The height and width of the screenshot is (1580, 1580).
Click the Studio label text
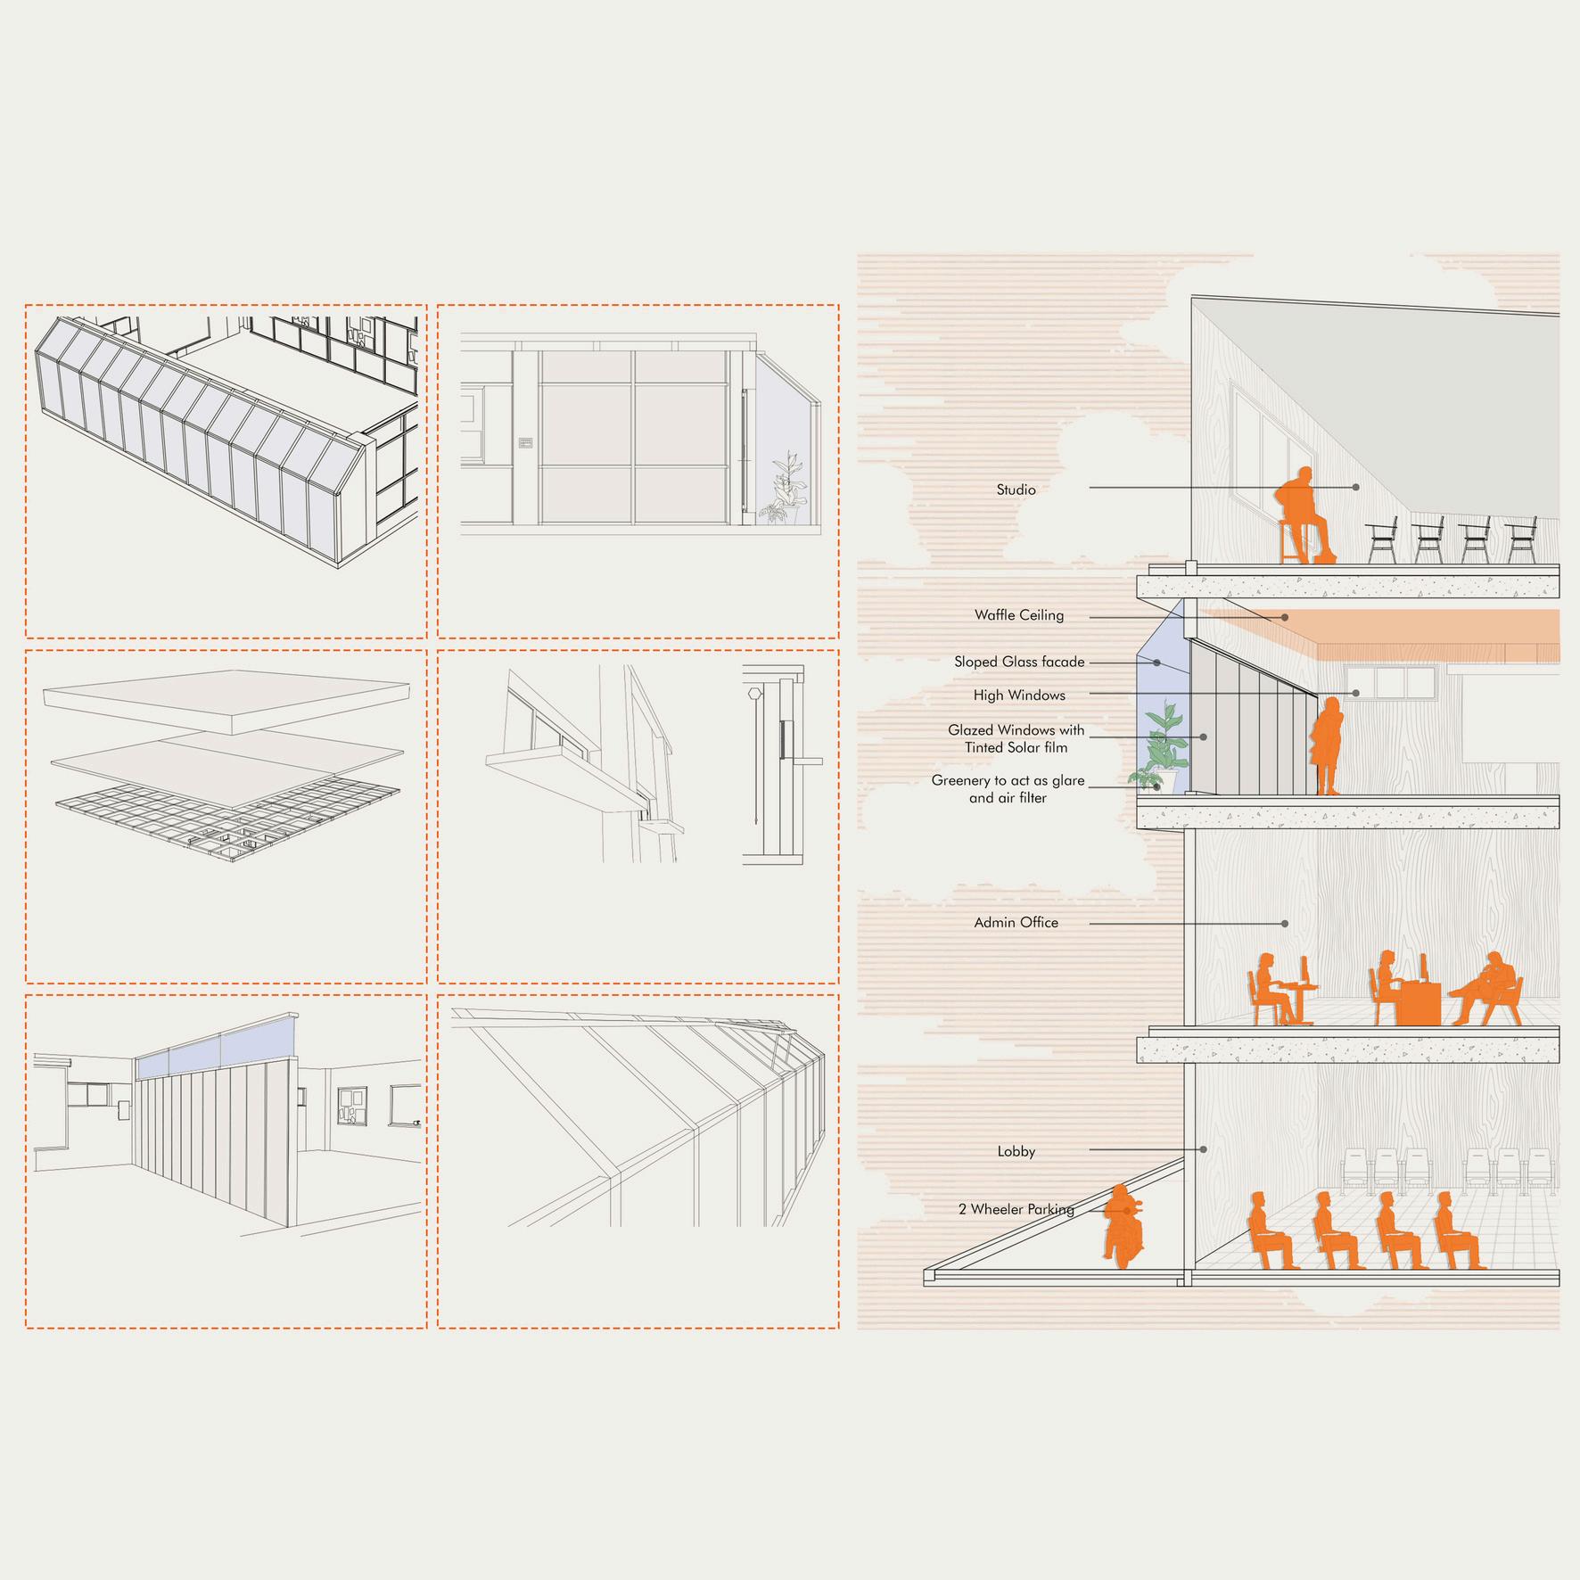[x=1016, y=490]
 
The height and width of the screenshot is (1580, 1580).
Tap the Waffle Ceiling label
[x=1018, y=615]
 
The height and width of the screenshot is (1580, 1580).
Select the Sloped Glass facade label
[x=1019, y=662]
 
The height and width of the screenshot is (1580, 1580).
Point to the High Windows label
[x=1019, y=695]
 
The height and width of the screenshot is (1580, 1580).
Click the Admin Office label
[x=1016, y=923]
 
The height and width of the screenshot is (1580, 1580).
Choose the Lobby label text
[x=1016, y=1151]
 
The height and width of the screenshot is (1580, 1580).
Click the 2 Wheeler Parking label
[x=1016, y=1209]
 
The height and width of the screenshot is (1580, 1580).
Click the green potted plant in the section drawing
[x=1164, y=745]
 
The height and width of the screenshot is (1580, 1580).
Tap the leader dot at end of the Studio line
[x=1355, y=488]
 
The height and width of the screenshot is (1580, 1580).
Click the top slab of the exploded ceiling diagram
[x=227, y=700]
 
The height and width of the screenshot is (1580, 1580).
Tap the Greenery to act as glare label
[x=1008, y=789]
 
